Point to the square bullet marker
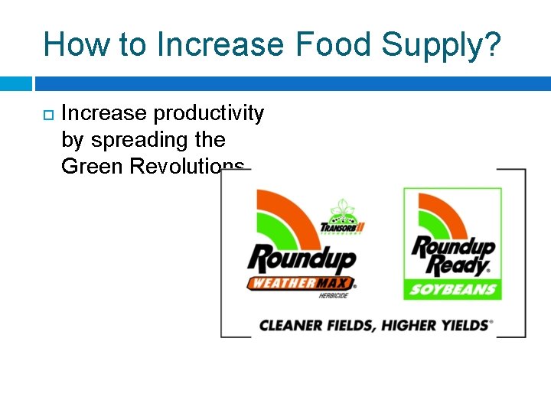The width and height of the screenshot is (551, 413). point(47,115)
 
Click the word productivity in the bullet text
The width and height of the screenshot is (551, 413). point(209,115)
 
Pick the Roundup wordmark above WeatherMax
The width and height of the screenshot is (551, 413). point(301,258)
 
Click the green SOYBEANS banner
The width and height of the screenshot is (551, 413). point(452,290)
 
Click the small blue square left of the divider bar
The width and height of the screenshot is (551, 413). point(15,83)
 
